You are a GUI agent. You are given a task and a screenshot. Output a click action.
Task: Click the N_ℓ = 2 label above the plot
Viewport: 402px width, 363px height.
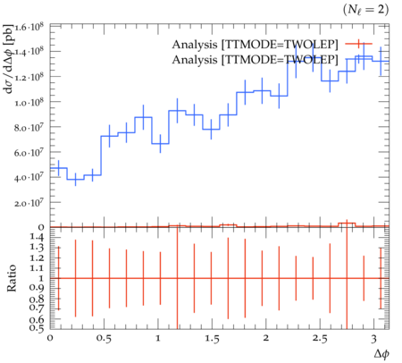365,10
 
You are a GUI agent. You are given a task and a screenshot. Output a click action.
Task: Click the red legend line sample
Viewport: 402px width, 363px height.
359,44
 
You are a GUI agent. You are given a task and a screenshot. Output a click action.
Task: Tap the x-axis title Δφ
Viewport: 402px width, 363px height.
381,353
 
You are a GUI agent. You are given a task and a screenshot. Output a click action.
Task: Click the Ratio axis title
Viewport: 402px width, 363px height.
12,278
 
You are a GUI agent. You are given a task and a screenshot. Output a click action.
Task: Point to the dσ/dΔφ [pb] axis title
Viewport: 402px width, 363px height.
9,59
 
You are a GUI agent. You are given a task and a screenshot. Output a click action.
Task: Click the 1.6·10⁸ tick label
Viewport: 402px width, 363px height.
29,27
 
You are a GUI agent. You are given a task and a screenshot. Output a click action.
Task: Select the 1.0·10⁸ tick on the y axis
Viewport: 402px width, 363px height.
29,102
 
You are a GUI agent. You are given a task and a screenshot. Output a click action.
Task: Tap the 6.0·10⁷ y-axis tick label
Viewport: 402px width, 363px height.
29,153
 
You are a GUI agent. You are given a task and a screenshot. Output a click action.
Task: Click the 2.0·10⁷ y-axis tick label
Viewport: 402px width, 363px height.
29,203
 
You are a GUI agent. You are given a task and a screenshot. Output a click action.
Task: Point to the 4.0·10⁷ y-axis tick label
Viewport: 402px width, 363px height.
29,178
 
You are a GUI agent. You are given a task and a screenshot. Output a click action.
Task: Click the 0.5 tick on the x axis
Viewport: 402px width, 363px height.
104,339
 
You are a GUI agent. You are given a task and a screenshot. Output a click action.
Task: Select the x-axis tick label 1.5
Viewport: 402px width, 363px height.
212,339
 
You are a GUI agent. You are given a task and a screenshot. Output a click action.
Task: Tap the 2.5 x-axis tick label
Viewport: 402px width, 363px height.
320,339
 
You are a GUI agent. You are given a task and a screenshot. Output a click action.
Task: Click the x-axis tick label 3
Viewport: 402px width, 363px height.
373,339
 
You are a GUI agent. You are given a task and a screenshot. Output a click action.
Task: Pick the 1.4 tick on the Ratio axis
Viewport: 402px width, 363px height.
37,237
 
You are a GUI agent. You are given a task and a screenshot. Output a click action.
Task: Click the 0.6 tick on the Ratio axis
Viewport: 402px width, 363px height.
37,320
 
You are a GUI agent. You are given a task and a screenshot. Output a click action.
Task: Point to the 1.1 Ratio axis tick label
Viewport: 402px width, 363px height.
37,268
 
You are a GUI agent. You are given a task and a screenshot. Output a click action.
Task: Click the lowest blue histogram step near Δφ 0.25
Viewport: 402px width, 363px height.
76,180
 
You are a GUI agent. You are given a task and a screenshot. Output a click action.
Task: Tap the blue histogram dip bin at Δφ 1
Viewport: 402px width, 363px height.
160,144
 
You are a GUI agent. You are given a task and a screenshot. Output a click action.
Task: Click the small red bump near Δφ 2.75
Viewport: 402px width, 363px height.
347,223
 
